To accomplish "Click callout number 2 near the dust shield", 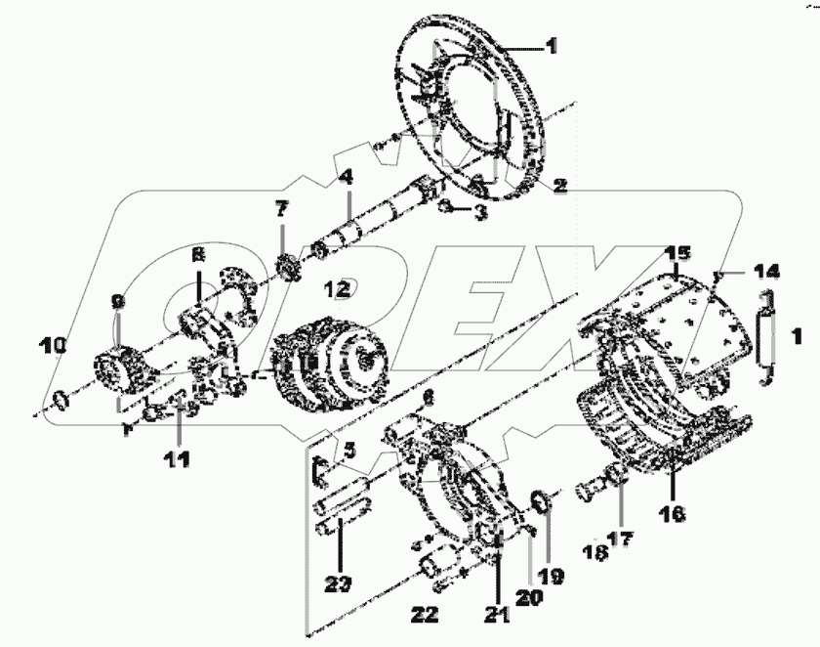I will (x=559, y=184).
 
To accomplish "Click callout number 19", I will (x=552, y=577).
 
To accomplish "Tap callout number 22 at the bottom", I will (x=425, y=614).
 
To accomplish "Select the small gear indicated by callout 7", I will (x=288, y=267).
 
